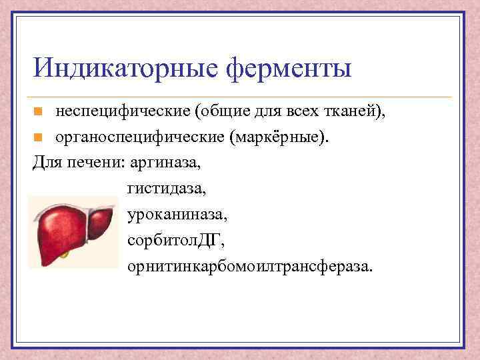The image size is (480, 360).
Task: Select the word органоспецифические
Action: (x=140, y=137)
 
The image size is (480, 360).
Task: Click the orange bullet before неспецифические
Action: (x=39, y=111)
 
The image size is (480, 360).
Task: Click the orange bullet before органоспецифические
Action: (x=39, y=138)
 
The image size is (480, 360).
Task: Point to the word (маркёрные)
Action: (x=279, y=137)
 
